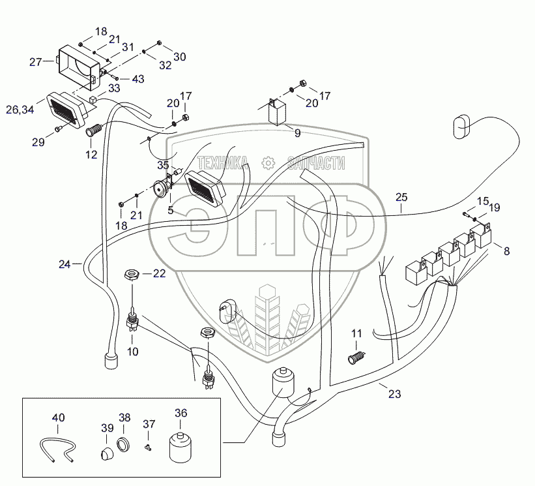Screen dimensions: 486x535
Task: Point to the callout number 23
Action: (394, 394)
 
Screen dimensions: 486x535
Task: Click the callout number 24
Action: (65, 264)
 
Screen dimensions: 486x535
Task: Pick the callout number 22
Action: (160, 274)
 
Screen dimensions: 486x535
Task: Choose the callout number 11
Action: (356, 334)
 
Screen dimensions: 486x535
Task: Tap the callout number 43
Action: (138, 79)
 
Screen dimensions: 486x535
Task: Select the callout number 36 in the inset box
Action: (181, 412)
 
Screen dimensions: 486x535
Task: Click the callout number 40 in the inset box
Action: (59, 418)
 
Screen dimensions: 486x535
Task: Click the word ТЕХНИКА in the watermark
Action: (222, 162)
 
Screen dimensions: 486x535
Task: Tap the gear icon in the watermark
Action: (267, 162)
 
